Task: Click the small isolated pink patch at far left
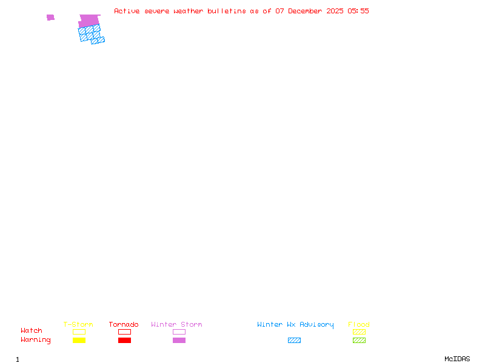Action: click(x=50, y=18)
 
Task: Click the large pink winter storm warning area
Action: click(x=89, y=21)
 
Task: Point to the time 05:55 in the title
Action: click(x=358, y=11)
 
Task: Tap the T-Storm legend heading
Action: click(x=78, y=324)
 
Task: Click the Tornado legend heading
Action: click(x=124, y=324)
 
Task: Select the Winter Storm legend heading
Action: click(x=176, y=324)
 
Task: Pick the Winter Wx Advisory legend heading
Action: click(x=295, y=324)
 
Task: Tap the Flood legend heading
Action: click(x=359, y=324)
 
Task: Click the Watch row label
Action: click(x=32, y=331)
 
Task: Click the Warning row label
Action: click(x=36, y=340)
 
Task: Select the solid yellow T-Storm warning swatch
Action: click(x=79, y=340)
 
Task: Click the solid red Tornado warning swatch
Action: click(x=124, y=340)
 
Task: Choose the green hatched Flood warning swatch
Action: click(x=359, y=340)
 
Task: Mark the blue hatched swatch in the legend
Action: click(x=294, y=340)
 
